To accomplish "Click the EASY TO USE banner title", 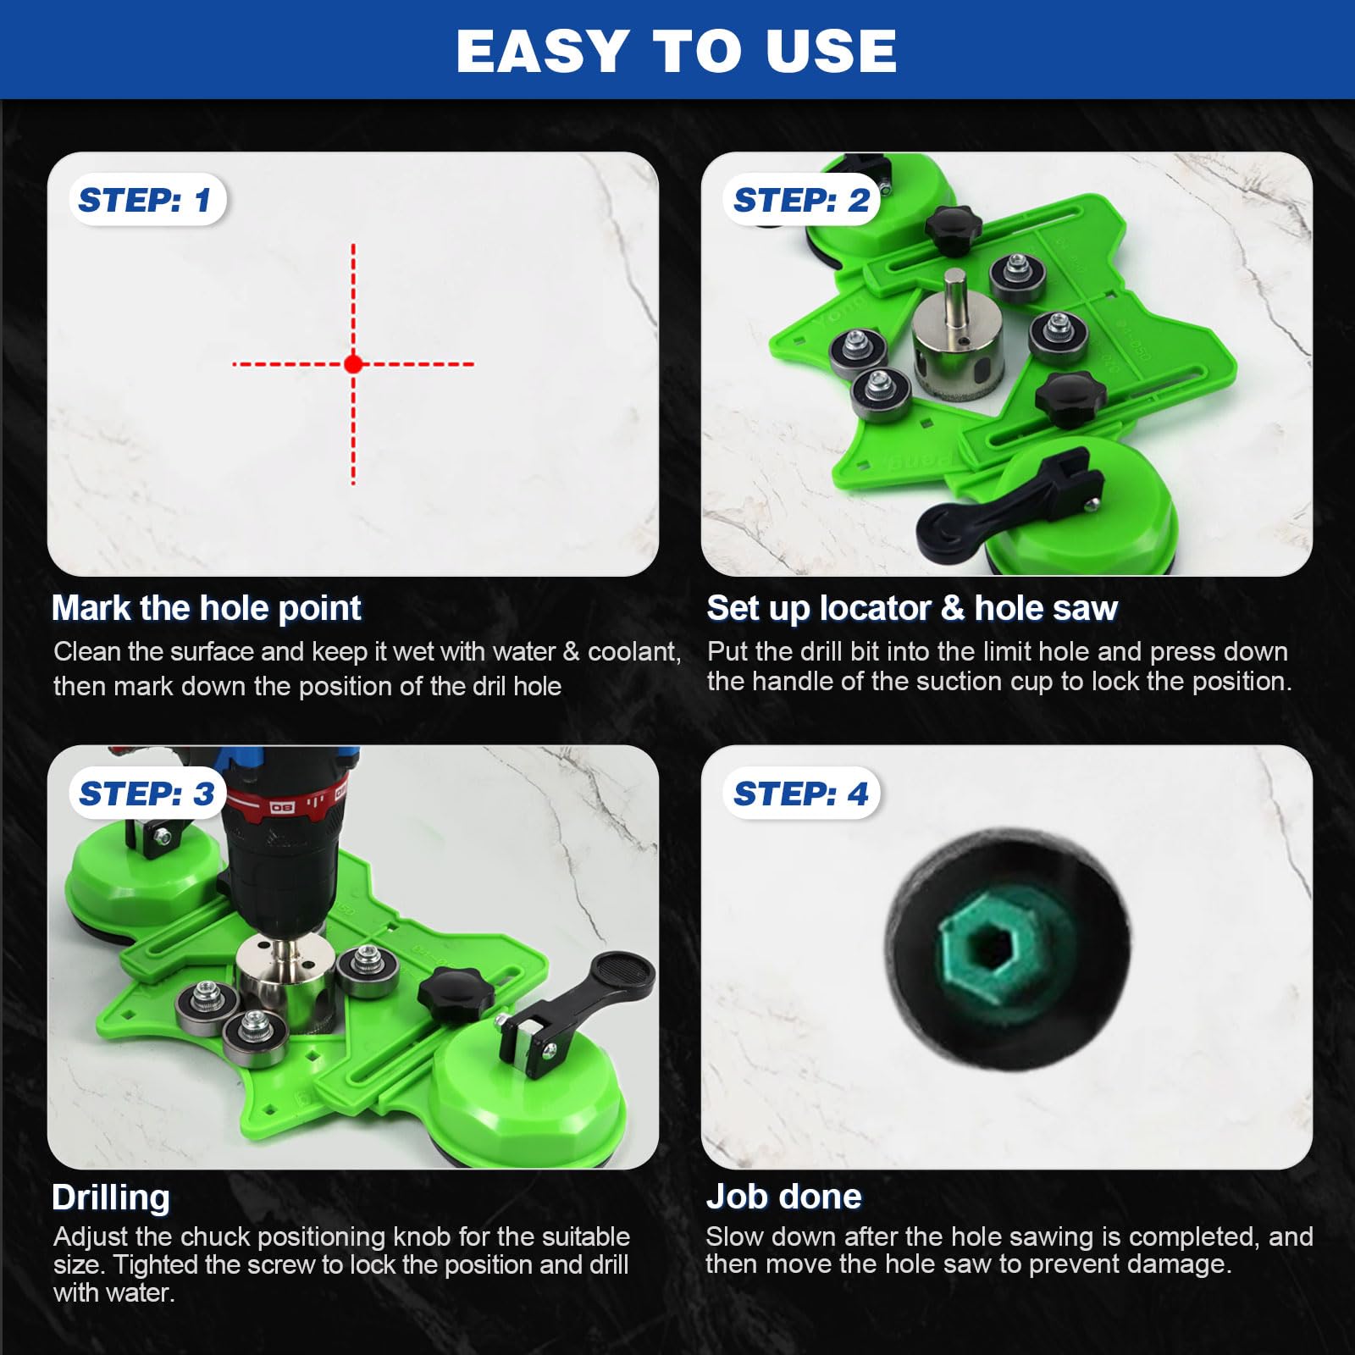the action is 677,51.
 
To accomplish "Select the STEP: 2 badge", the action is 801,200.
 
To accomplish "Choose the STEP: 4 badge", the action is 801,794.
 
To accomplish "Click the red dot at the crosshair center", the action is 353,364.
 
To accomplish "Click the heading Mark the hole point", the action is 206,608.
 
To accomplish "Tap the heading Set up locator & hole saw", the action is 912,608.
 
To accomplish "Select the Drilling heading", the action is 111,1197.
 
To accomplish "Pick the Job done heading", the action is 784,1197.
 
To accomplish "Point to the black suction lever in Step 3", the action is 576,1008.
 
